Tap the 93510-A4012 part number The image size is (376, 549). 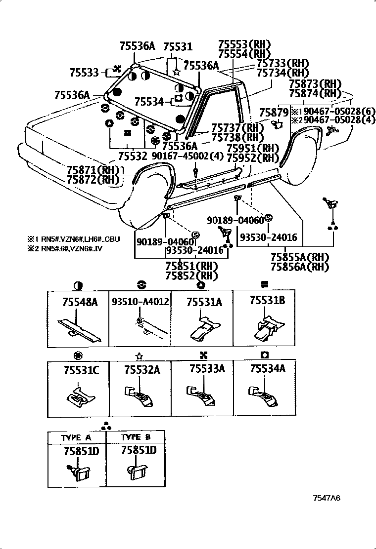point(140,302)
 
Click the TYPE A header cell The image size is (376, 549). point(77,437)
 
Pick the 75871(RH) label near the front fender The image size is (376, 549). point(94,169)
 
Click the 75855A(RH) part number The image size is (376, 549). point(300,257)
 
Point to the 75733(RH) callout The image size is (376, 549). point(282,63)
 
